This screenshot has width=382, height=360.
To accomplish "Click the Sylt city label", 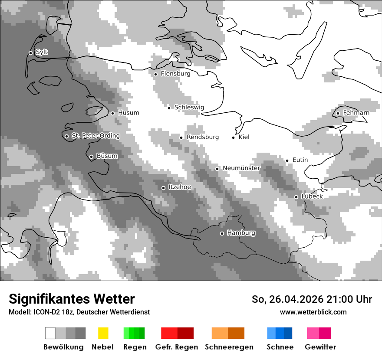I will [42, 52].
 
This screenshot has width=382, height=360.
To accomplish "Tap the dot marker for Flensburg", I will [155, 74].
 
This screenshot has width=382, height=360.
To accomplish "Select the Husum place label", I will [128, 113].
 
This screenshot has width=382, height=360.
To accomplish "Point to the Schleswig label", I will [189, 108].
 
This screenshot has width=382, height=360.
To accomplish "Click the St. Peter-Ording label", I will [96, 136].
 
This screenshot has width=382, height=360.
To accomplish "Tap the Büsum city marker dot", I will [91, 157].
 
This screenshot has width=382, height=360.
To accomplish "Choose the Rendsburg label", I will [202, 137].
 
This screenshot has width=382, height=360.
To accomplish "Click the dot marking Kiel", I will [234, 137].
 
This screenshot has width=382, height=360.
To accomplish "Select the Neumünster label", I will [241, 168].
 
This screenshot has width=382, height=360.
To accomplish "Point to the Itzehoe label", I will [180, 187].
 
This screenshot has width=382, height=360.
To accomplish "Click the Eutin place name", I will [300, 160].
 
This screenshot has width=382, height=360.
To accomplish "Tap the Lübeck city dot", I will [296, 197].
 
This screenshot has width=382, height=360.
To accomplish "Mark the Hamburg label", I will [241, 233].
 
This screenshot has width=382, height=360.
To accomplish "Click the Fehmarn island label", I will [356, 113].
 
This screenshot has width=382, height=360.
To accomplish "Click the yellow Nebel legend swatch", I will [103, 333].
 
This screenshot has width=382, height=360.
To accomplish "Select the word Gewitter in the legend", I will [320, 347].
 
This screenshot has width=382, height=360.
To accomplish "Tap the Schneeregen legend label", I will [229, 347].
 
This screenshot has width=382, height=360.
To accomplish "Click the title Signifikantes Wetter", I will [72, 299].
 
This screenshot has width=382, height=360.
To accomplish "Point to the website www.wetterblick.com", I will [313, 312].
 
